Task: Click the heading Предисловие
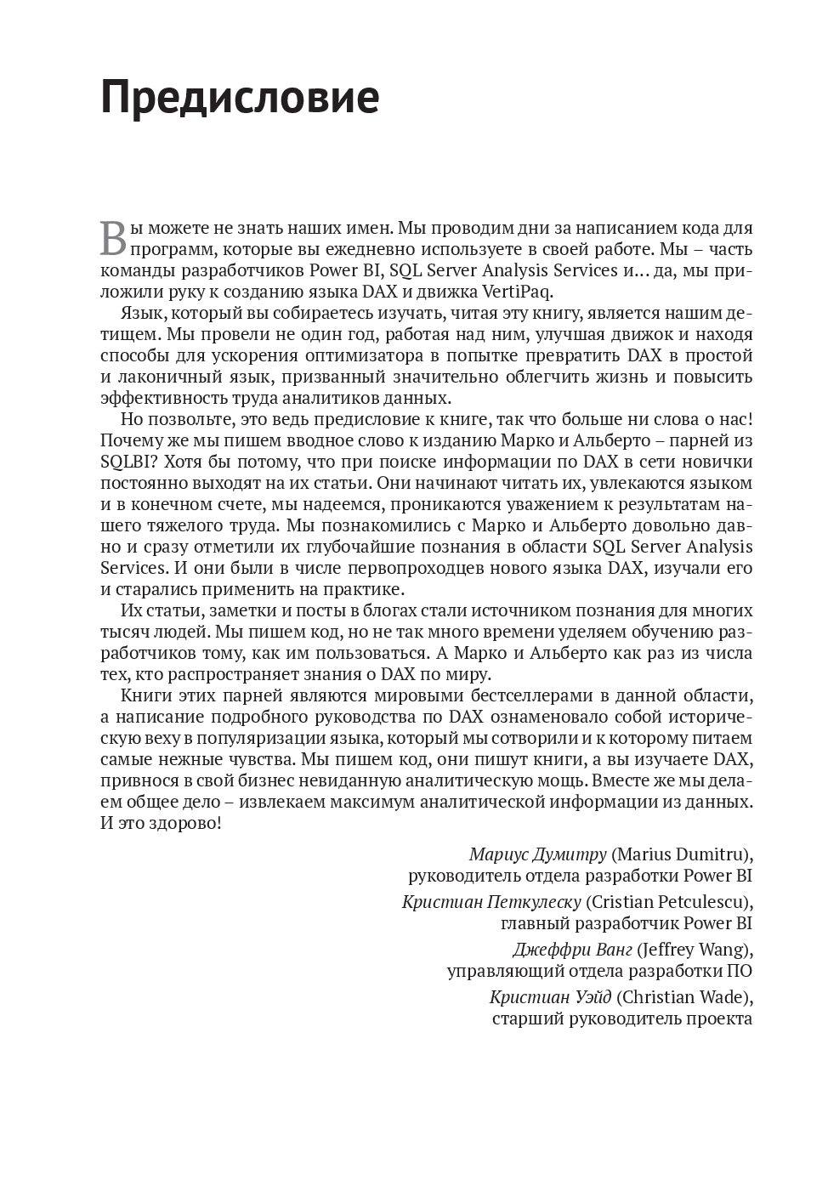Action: (x=240, y=98)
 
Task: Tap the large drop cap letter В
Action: (x=113, y=238)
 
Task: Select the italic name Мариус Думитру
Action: (x=537, y=854)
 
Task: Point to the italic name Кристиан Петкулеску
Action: (x=491, y=902)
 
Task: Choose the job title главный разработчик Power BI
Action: (x=627, y=923)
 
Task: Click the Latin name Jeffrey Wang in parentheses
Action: (x=695, y=950)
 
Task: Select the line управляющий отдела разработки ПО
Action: (x=599, y=971)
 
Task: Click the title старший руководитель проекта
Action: (x=621, y=1018)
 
